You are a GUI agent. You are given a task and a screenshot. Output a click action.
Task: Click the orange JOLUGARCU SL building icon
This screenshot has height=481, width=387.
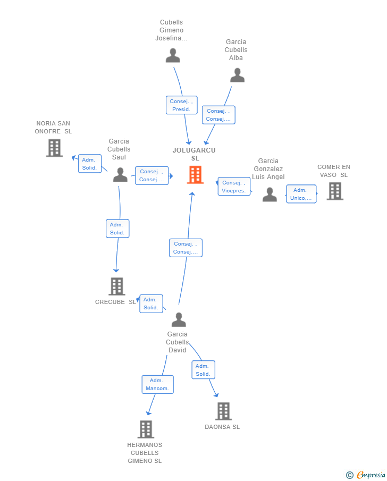(x=195, y=175)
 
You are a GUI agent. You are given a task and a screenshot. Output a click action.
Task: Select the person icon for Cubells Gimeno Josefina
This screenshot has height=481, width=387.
(x=173, y=55)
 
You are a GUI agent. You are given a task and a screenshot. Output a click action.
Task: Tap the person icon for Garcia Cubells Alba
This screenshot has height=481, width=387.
(x=237, y=75)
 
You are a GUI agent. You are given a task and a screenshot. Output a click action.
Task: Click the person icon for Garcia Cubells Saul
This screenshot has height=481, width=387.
(x=120, y=174)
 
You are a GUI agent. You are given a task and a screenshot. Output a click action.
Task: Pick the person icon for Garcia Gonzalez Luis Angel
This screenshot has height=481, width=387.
(x=270, y=195)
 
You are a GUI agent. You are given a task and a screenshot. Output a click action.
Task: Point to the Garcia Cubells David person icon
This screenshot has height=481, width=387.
(x=179, y=319)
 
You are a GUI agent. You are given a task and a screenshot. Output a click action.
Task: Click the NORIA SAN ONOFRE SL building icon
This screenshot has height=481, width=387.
(x=54, y=148)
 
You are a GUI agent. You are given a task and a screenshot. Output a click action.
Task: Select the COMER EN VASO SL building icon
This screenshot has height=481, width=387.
(x=334, y=191)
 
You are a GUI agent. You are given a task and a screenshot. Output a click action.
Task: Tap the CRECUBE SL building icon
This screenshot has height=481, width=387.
(x=116, y=286)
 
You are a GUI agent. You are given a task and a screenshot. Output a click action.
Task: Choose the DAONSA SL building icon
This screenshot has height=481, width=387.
(x=223, y=411)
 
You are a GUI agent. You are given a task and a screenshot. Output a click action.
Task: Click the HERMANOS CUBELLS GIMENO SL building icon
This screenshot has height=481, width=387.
(x=146, y=429)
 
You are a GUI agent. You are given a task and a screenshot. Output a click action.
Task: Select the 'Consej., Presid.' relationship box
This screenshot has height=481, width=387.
(x=181, y=105)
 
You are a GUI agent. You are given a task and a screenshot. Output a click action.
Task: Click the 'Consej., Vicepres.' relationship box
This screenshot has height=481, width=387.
(x=234, y=187)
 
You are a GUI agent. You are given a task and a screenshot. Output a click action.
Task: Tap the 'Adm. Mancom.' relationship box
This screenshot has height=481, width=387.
(x=157, y=384)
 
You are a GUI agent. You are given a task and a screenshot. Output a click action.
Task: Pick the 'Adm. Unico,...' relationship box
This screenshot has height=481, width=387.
(x=301, y=194)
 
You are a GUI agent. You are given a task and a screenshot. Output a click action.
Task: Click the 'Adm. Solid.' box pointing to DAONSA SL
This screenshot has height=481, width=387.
(x=203, y=370)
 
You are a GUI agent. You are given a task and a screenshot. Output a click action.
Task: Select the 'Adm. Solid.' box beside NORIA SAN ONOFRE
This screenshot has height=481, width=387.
(x=89, y=164)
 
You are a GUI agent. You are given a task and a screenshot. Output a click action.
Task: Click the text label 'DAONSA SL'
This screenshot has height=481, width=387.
(x=222, y=427)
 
